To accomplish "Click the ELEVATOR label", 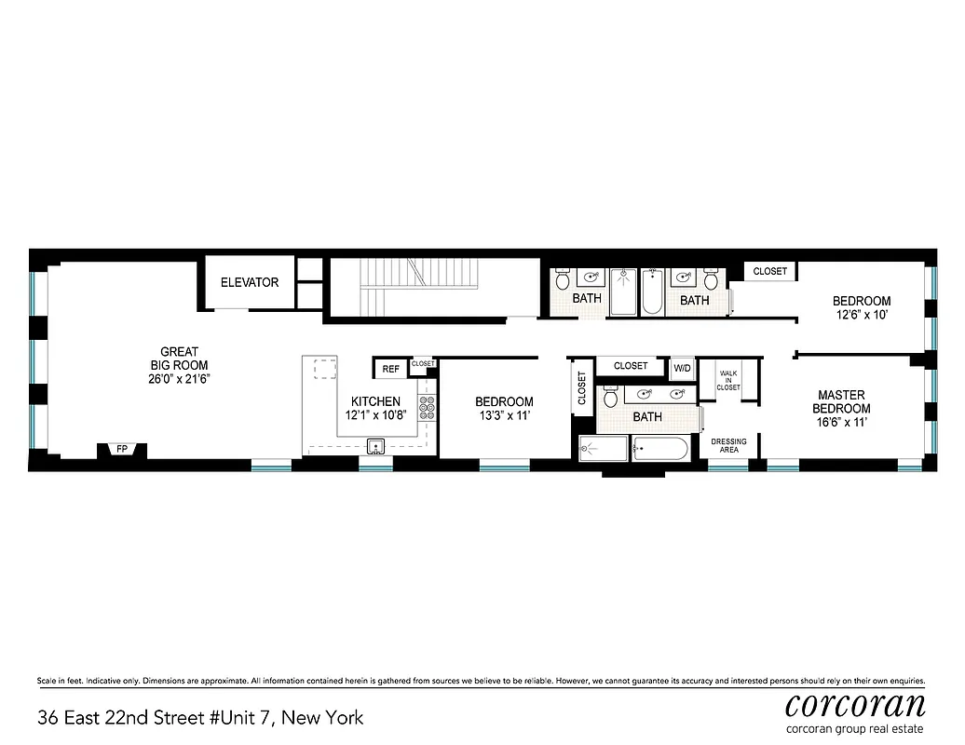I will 249,282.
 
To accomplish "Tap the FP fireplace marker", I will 121,450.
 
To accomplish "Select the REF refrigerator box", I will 391,369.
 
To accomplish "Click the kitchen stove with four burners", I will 428,406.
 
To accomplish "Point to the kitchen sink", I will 376,444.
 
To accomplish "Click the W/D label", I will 683,368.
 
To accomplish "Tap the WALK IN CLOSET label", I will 728,380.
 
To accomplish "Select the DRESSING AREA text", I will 728,445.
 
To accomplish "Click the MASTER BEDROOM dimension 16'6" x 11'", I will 841,422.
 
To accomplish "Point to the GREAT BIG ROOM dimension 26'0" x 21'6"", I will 179,379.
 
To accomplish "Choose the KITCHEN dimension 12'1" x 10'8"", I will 375,414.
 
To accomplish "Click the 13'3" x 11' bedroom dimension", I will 504,415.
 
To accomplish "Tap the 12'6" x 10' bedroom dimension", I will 861,315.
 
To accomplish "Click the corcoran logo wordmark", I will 855,703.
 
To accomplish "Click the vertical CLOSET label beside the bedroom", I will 582,389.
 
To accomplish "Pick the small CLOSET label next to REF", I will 423,363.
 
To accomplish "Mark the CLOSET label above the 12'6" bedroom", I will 769,271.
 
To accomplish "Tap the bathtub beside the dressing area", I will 659,451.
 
